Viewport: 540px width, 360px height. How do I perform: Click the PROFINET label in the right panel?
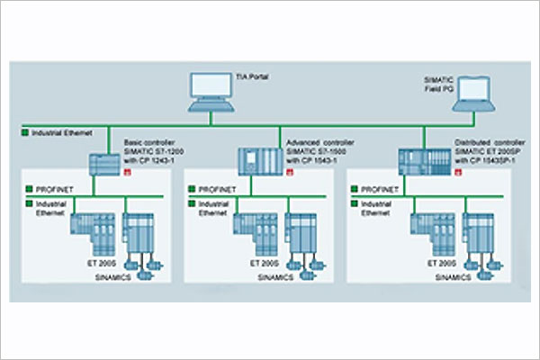click(381, 191)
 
